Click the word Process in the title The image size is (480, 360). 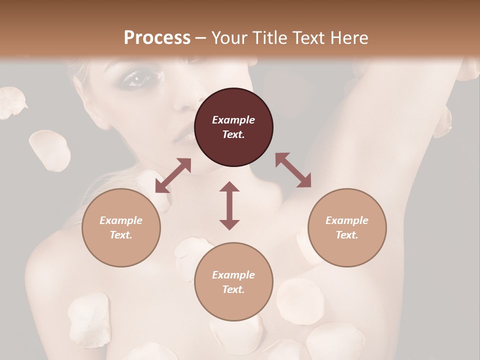157,38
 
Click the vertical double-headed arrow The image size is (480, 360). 229,205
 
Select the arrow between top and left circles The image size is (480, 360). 173,175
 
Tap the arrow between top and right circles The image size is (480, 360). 293,170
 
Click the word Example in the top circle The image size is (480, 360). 233,120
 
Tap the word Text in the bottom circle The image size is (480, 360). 233,289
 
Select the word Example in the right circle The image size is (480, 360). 347,220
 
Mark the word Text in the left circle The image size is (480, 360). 121,235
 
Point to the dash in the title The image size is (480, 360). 201,38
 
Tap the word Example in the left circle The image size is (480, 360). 121,220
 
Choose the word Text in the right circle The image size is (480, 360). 347,235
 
